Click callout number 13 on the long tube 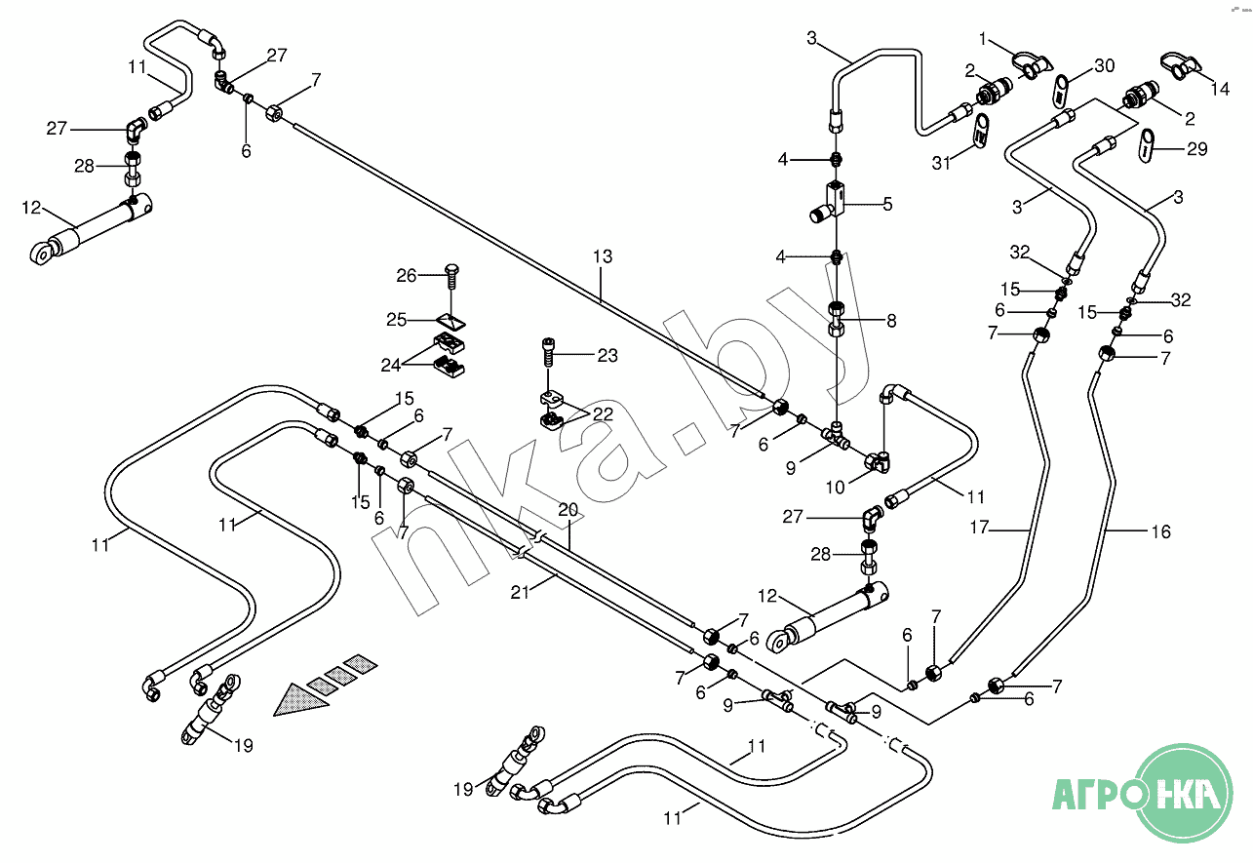click(602, 256)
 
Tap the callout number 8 click(891, 320)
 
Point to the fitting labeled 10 click(878, 461)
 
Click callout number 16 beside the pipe click(1159, 532)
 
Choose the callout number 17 click(980, 529)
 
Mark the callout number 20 click(568, 509)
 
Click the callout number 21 click(520, 590)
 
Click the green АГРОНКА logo click(1148, 793)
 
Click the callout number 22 click(603, 414)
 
